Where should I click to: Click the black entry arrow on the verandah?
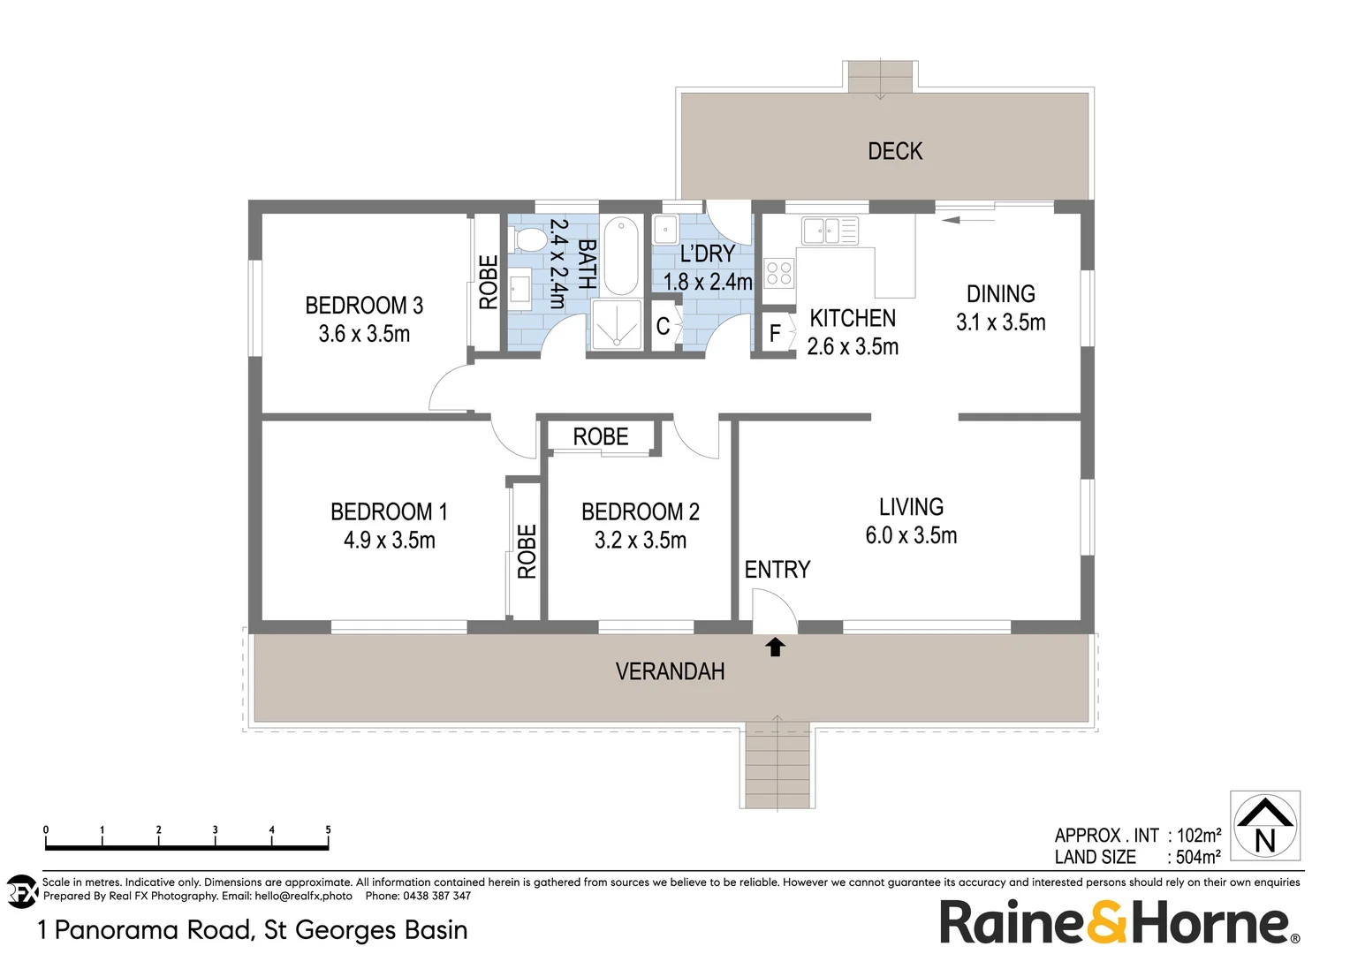click(x=775, y=647)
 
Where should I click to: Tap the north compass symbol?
click(x=1265, y=825)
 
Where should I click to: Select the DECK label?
click(x=894, y=151)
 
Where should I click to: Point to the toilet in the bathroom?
click(x=529, y=239)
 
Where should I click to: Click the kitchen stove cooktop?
click(x=778, y=272)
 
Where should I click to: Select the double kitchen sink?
click(x=821, y=231)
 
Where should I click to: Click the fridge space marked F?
click(x=775, y=333)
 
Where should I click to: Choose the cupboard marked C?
click(x=663, y=327)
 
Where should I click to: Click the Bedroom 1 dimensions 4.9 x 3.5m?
click(x=389, y=540)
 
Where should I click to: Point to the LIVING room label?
click(x=911, y=507)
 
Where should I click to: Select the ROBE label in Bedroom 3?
click(x=488, y=283)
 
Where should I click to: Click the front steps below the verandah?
click(x=777, y=764)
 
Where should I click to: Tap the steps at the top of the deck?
click(x=879, y=77)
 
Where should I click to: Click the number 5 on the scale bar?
click(x=328, y=829)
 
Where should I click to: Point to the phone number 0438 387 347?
click(x=436, y=896)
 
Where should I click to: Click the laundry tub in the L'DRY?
click(x=665, y=230)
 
